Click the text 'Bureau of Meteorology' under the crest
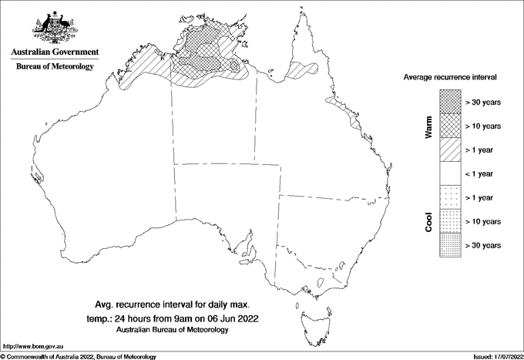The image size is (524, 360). [54, 66]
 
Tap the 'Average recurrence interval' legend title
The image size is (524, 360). [449, 78]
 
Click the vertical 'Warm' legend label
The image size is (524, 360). [429, 127]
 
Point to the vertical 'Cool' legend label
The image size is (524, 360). [429, 222]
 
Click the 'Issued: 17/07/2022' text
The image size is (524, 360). [496, 356]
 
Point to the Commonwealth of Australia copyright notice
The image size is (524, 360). [79, 356]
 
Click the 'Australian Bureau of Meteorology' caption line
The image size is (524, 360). [173, 330]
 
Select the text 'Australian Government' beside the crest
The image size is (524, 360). [54, 52]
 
